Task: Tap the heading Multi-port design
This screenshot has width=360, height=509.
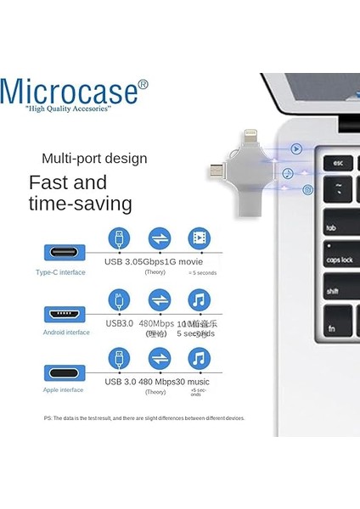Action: [x=94, y=158]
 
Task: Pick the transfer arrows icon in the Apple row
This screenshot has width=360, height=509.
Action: [x=160, y=359]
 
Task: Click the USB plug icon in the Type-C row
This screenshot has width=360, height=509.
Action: [x=120, y=238]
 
